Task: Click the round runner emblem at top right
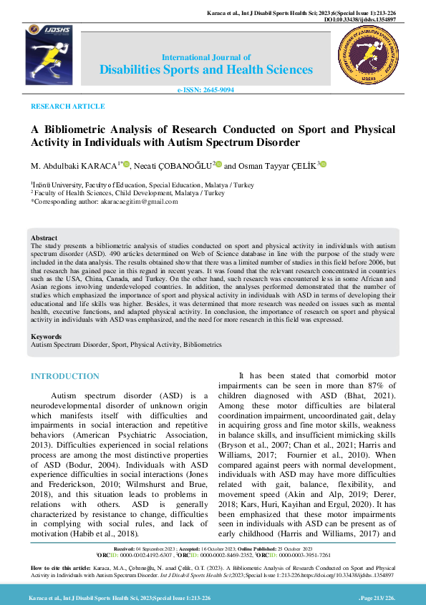tap(368, 59)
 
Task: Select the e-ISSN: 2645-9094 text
tap(205, 91)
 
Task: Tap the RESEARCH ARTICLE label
tap(67, 106)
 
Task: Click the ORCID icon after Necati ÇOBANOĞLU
tap(218, 165)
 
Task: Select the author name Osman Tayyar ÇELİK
tap(276, 165)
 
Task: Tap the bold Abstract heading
tap(44, 237)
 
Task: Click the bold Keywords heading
tap(47, 336)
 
